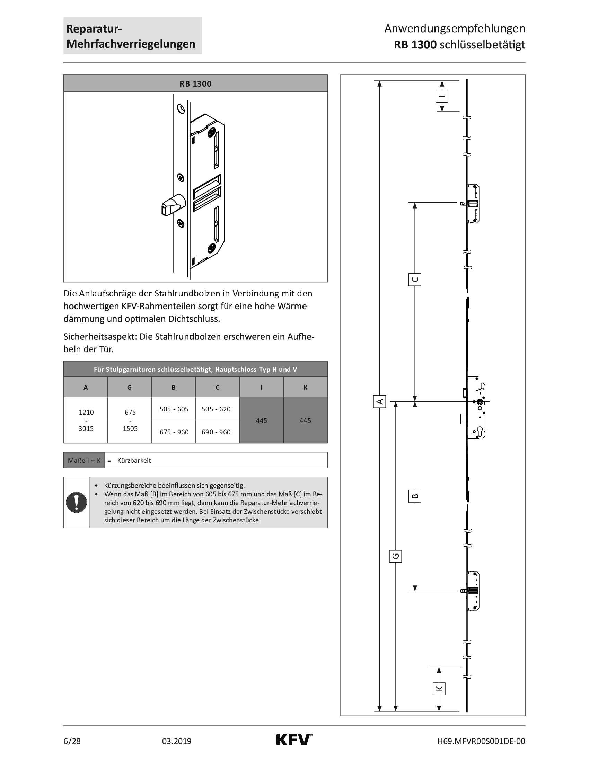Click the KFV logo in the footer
coord(294,740)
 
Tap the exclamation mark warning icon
coord(77,502)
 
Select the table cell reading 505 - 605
coord(174,409)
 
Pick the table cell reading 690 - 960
coord(216,432)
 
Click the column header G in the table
coord(130,387)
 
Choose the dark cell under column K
coord(305,420)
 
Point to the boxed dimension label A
coord(380,401)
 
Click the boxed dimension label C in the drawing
coord(415,280)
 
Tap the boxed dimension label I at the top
coord(442,96)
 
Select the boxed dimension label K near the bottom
coord(439,688)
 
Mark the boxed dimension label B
coord(415,496)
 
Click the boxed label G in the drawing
coord(396,556)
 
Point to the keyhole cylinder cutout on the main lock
coord(479,431)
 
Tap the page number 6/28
coord(72,741)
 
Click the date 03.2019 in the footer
coord(177,741)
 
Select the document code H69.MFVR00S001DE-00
coord(481,741)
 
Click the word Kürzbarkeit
coord(134,460)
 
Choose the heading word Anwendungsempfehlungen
coord(455,28)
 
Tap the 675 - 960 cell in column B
coord(174,432)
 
